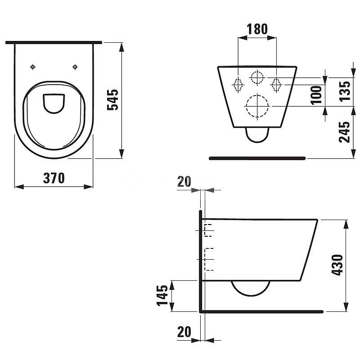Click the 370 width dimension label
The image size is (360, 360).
54,178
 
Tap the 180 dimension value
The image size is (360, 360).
257,29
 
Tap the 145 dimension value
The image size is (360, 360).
162,295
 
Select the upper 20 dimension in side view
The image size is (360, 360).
184,181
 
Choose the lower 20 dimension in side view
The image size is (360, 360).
184,332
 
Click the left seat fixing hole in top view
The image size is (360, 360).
32,67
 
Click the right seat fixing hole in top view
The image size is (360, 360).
75,67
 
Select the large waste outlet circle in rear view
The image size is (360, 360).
257,106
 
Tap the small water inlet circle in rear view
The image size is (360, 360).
257,77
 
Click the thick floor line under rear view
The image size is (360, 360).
257,158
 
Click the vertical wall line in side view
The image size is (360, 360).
199,261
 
